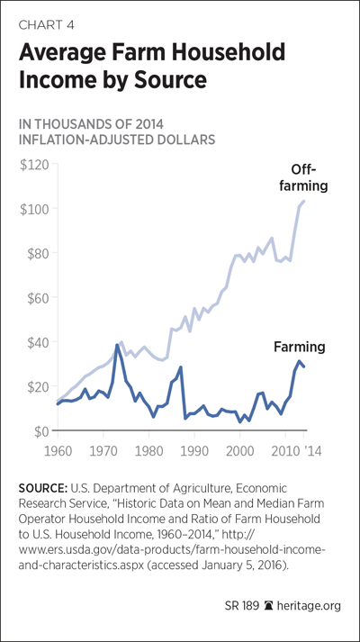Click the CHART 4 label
pos(46,25)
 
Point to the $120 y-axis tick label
pos(33,165)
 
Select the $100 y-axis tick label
pos(33,209)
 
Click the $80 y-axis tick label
pos(36,253)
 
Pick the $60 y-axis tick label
pos(36,298)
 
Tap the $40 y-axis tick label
pos(36,342)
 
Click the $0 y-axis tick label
pos(40,430)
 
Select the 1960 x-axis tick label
pos(58,451)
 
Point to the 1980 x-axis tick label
pos(148,451)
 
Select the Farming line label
pos(299,348)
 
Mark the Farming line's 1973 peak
pos(117,345)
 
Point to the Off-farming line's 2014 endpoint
pos(304,201)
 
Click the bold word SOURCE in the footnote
pos(43,488)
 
